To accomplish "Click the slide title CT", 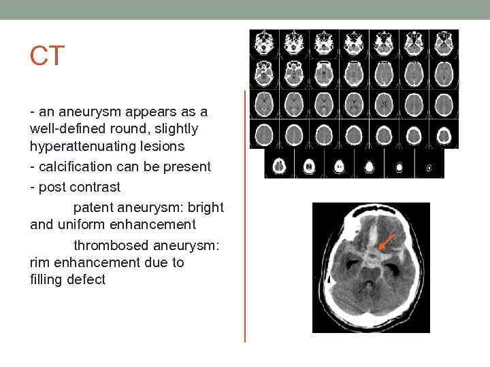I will coord(47,57).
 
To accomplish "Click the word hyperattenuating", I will coord(75,146).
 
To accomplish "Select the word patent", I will coord(93,207).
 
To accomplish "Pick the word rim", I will coord(40,262).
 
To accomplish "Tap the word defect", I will coord(86,279).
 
